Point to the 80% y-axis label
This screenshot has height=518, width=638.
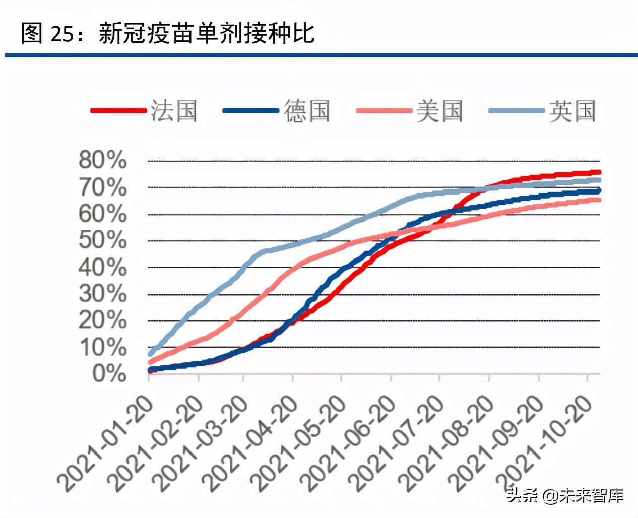[102, 160]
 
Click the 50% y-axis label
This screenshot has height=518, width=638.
[102, 240]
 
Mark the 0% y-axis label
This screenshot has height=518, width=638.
[109, 373]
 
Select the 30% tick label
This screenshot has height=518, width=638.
[102, 293]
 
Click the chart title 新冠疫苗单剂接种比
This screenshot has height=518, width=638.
[207, 34]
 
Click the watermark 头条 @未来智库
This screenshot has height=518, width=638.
[565, 496]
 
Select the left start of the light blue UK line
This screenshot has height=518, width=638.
[150, 354]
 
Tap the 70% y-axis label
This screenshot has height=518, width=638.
[102, 187]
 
